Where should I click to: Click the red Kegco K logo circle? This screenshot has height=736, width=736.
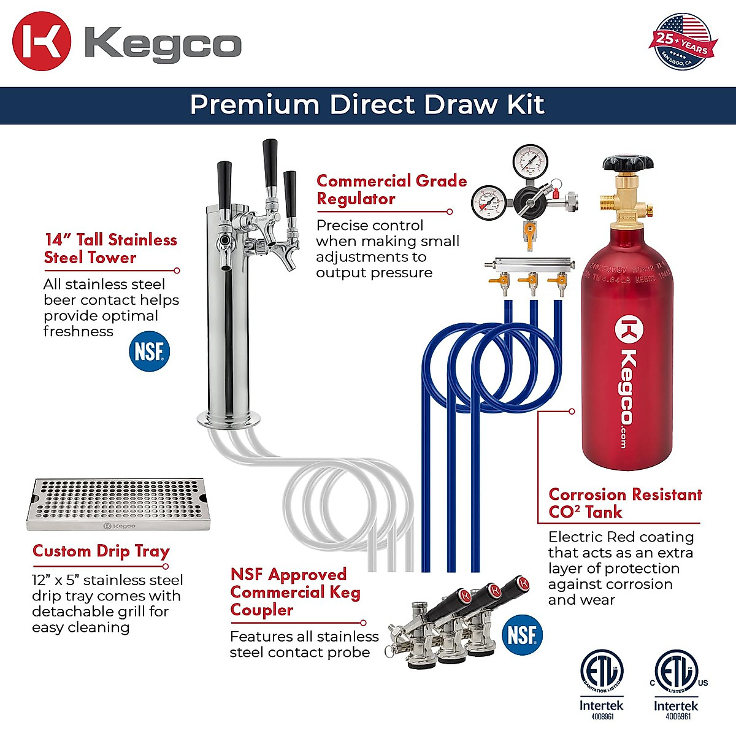pyautogui.click(x=42, y=41)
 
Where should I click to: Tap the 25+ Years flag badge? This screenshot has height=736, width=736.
pyautogui.click(x=681, y=42)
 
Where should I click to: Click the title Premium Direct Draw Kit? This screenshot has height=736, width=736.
pyautogui.click(x=367, y=105)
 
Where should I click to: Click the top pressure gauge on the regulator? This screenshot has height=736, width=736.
pyautogui.click(x=531, y=161)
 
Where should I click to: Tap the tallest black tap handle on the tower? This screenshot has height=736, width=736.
pyautogui.click(x=270, y=163)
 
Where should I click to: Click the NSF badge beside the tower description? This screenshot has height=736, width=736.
pyautogui.click(x=149, y=351)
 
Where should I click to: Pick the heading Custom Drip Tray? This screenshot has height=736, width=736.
pyautogui.click(x=101, y=551)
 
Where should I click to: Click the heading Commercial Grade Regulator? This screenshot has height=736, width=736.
pyautogui.click(x=391, y=190)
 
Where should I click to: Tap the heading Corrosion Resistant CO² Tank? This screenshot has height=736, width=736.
pyautogui.click(x=625, y=503)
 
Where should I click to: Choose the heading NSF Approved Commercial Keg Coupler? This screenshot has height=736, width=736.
pyautogui.click(x=295, y=592)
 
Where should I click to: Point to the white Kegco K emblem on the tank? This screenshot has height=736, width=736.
pyautogui.click(x=629, y=329)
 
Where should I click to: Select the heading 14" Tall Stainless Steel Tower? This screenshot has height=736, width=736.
pyautogui.click(x=110, y=248)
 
